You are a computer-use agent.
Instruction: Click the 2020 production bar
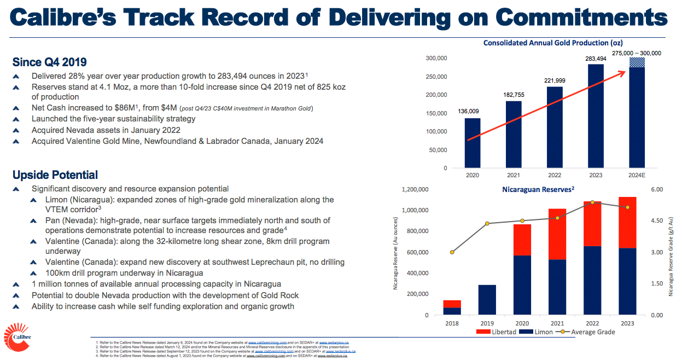coord(473,143)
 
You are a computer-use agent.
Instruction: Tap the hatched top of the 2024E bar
coord(637,62)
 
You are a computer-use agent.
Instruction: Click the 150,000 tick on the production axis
coord(436,113)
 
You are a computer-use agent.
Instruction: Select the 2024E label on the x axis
coord(637,176)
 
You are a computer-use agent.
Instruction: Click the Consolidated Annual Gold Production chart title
coord(553,43)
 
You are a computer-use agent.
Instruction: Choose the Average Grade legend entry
coord(588,332)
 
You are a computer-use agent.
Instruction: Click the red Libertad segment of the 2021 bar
coord(557,234)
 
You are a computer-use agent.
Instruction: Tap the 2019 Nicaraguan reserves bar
coord(487,300)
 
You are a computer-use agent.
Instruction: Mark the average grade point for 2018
coord(452,252)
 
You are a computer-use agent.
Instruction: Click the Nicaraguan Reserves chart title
coord(538,189)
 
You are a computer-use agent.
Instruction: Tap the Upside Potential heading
coord(55,175)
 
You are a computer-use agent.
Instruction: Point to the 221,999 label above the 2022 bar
coord(555,80)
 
